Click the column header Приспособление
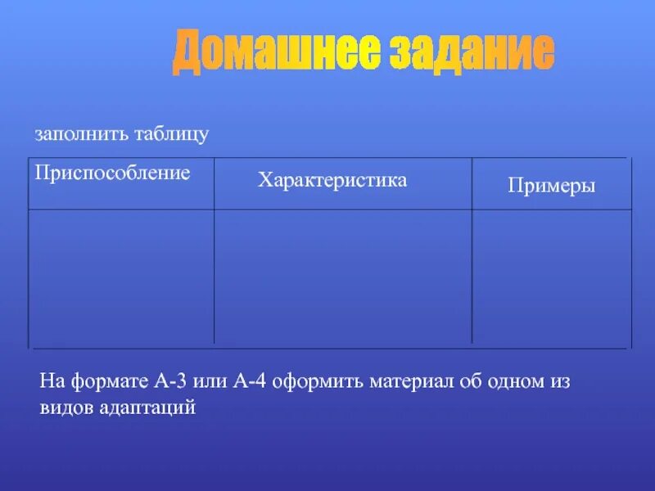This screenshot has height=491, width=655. click(112, 173)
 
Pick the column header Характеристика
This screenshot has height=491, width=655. click(332, 180)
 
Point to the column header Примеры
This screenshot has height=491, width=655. click(551, 186)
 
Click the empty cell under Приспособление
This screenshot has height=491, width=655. click(121, 277)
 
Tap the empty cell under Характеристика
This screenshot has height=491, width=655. click(342, 277)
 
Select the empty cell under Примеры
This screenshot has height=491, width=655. click(551, 277)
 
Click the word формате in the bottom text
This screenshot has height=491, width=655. click(107, 381)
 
